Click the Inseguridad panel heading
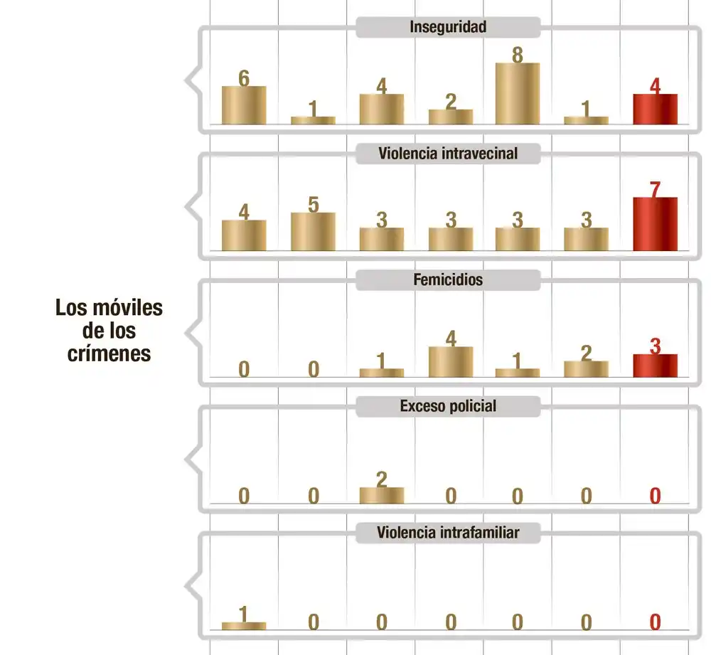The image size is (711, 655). [x=448, y=28]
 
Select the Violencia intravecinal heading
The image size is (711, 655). [x=448, y=154]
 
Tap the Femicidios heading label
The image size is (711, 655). [x=448, y=280]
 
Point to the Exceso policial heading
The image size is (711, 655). [x=448, y=407]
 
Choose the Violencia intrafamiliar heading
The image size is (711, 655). [x=448, y=533]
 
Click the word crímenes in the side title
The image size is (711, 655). [x=109, y=353]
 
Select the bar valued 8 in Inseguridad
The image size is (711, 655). [x=518, y=94]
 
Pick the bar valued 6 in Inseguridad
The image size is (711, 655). [x=244, y=105]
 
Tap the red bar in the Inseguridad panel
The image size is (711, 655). [x=655, y=110]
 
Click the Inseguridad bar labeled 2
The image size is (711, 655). [x=451, y=117]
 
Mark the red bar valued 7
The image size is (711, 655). [x=655, y=224]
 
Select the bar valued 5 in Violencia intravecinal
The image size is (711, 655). [x=313, y=232]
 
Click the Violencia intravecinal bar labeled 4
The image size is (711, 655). [x=244, y=235]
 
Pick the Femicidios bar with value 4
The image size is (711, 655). [x=451, y=362]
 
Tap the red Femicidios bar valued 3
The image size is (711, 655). [x=655, y=366]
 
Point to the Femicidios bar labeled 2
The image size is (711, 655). [x=586, y=369]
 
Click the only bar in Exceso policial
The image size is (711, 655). [x=382, y=495]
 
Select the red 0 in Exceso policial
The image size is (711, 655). [x=655, y=496]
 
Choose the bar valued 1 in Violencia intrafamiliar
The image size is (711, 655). [x=244, y=626]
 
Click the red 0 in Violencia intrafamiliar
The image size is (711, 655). [x=655, y=622]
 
